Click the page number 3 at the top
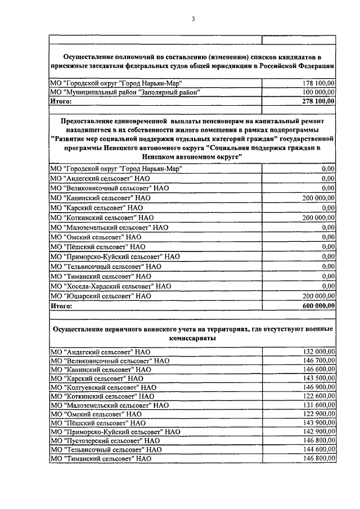pyautogui.click(x=192, y=20)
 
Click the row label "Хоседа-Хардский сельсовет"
pyautogui.click(x=110, y=286)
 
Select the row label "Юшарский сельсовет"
pyautogui.click(x=101, y=295)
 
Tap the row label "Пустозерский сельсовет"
pyautogui.click(x=105, y=440)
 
